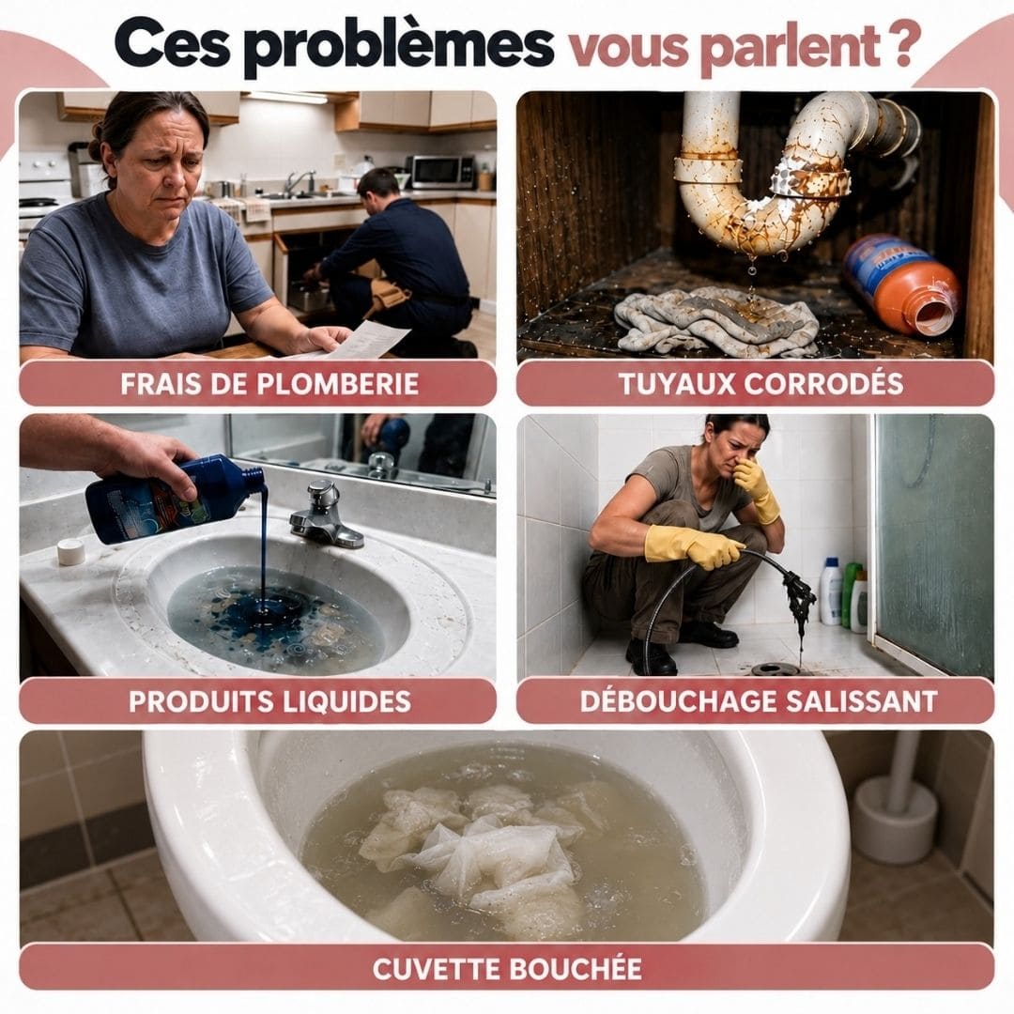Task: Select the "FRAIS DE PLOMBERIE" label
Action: click(x=269, y=383)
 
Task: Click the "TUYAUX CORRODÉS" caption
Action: click(x=760, y=383)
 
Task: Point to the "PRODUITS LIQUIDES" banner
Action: click(x=269, y=701)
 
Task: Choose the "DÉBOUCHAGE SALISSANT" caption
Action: click(x=759, y=700)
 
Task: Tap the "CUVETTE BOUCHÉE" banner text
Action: click(x=507, y=968)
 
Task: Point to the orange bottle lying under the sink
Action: click(x=901, y=284)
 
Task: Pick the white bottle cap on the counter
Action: click(x=70, y=552)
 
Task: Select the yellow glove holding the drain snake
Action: click(x=694, y=545)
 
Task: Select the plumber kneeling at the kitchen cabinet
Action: click(x=394, y=262)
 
